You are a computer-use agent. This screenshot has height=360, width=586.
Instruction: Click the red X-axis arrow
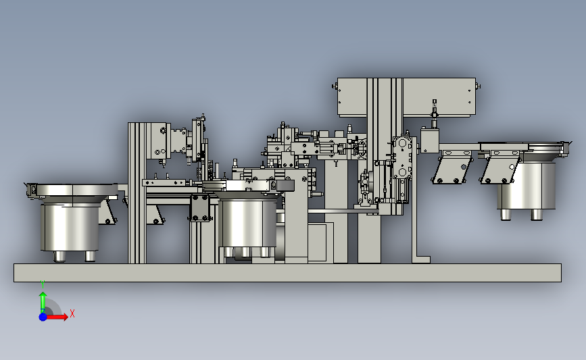pos(56,317)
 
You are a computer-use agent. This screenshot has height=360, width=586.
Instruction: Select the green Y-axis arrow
pos(43,303)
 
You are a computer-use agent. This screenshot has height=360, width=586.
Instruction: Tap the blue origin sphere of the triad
pos(43,317)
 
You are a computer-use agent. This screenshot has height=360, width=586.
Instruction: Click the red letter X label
pos(72,313)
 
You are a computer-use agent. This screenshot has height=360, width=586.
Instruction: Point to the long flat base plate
pos(287,273)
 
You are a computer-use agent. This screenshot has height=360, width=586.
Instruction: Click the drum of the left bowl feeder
pos(70,227)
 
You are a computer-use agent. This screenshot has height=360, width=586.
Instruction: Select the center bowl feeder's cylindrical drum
pos(248,223)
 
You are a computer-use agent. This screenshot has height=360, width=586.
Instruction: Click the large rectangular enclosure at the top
pos(406,97)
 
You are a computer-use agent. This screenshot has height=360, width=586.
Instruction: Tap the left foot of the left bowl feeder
pos(59,256)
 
